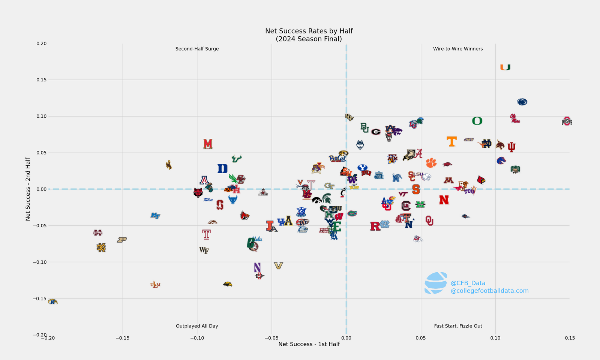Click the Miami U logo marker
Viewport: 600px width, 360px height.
505,67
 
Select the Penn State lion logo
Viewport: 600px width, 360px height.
522,102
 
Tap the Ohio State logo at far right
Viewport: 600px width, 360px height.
567,121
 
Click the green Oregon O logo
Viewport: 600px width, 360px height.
477,121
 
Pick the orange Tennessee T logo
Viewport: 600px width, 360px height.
452,141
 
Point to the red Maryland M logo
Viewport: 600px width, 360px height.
208,144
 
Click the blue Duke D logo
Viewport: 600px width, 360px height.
222,169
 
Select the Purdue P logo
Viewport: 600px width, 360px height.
122,240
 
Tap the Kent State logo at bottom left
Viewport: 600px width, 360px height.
52,301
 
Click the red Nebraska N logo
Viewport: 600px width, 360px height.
444,200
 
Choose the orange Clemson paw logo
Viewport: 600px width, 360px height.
431,163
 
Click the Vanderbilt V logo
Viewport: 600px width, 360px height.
278,265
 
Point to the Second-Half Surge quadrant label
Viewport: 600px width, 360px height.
197,49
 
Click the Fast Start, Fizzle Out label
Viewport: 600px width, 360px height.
458,326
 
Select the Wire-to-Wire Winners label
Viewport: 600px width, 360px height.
458,49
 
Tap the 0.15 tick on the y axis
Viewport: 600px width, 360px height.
42,80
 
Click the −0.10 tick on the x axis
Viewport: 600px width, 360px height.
197,338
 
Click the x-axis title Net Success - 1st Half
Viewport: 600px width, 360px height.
309,344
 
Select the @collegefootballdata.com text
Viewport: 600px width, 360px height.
489,291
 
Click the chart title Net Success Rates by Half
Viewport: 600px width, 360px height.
309,31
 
